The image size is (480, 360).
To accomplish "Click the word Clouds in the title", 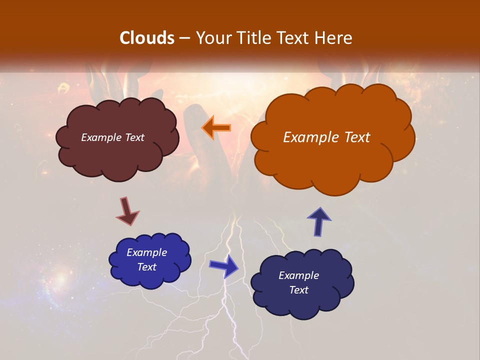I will pyautogui.click(x=147, y=38).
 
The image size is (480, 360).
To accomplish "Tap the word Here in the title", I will pyautogui.click(x=334, y=38).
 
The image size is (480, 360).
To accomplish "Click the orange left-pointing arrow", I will pyautogui.click(x=216, y=127).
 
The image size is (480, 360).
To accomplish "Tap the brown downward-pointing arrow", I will pyautogui.click(x=127, y=212).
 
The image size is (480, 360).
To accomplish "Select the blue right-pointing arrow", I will pyautogui.click(x=224, y=266).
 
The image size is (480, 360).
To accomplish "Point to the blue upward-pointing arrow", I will pyautogui.click(x=319, y=221).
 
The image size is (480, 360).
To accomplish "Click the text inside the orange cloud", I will pyautogui.click(x=326, y=137).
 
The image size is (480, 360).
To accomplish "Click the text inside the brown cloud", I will pyautogui.click(x=112, y=137).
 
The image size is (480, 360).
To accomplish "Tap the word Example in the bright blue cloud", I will pyautogui.click(x=146, y=252).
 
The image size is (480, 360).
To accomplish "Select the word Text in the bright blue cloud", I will pyautogui.click(x=146, y=267).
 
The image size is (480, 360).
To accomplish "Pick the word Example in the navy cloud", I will pyautogui.click(x=298, y=275).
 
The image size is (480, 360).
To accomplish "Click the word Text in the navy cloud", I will pyautogui.click(x=298, y=290).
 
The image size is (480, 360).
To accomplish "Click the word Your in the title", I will pyautogui.click(x=211, y=38).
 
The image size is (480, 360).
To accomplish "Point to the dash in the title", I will pyautogui.click(x=183, y=38).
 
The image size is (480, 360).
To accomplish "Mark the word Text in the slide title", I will pyautogui.click(x=293, y=38).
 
